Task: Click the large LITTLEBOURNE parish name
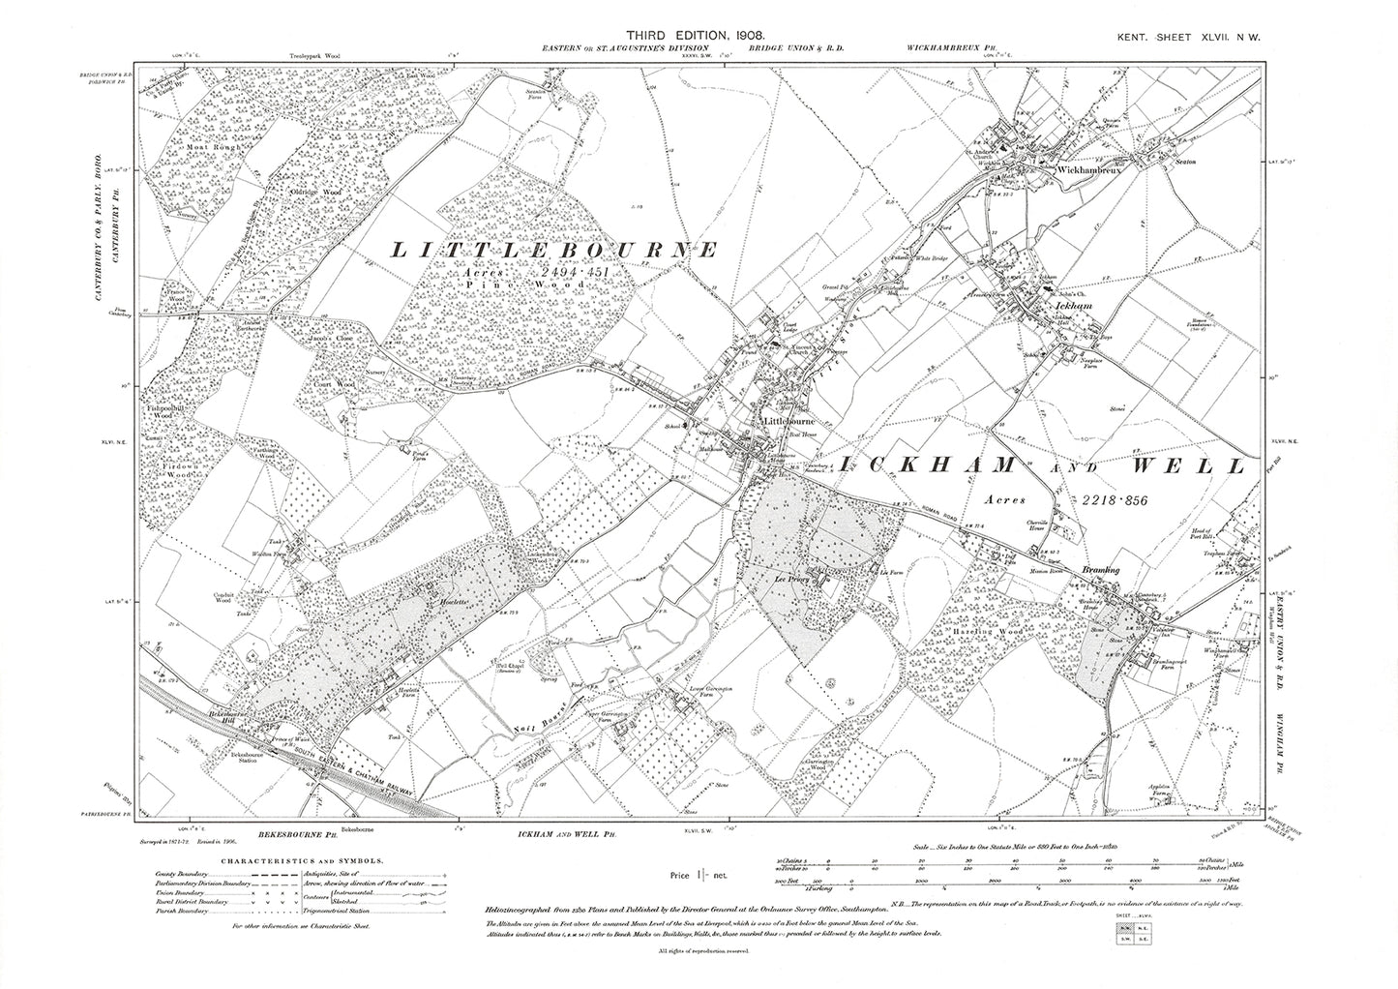click(553, 251)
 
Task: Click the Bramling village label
click(1101, 571)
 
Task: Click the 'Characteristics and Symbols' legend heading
click(301, 860)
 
